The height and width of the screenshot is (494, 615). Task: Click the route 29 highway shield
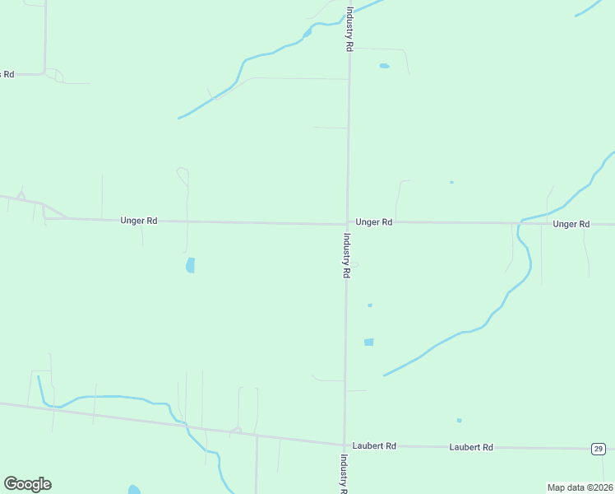coord(598,448)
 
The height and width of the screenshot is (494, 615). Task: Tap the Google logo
coord(27,484)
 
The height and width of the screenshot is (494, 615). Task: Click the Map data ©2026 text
coord(580,487)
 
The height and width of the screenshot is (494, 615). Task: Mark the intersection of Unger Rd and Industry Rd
coord(347,223)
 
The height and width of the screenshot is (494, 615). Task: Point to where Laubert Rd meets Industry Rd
coord(344,445)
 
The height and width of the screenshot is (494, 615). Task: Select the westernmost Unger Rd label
coord(138,221)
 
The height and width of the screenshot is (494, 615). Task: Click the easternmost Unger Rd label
coord(571,224)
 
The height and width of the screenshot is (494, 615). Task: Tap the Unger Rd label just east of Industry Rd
coord(374,222)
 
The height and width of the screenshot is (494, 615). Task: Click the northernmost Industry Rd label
coord(349,30)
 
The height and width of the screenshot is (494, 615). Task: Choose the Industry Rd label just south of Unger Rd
coord(347,255)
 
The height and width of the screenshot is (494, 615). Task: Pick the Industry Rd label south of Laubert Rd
coord(343,473)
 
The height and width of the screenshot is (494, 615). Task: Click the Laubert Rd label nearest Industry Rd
coord(374,445)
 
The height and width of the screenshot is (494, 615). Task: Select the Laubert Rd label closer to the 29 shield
coord(471,447)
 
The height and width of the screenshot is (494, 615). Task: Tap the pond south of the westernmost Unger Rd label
coord(191,265)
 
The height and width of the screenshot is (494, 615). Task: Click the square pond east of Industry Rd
coord(368,342)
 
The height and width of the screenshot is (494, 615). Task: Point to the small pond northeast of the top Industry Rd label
coord(384,66)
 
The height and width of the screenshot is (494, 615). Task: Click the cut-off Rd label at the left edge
coord(7,74)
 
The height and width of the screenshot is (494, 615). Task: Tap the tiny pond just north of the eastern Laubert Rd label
coord(459,421)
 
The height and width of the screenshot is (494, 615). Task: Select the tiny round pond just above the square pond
coord(370,305)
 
